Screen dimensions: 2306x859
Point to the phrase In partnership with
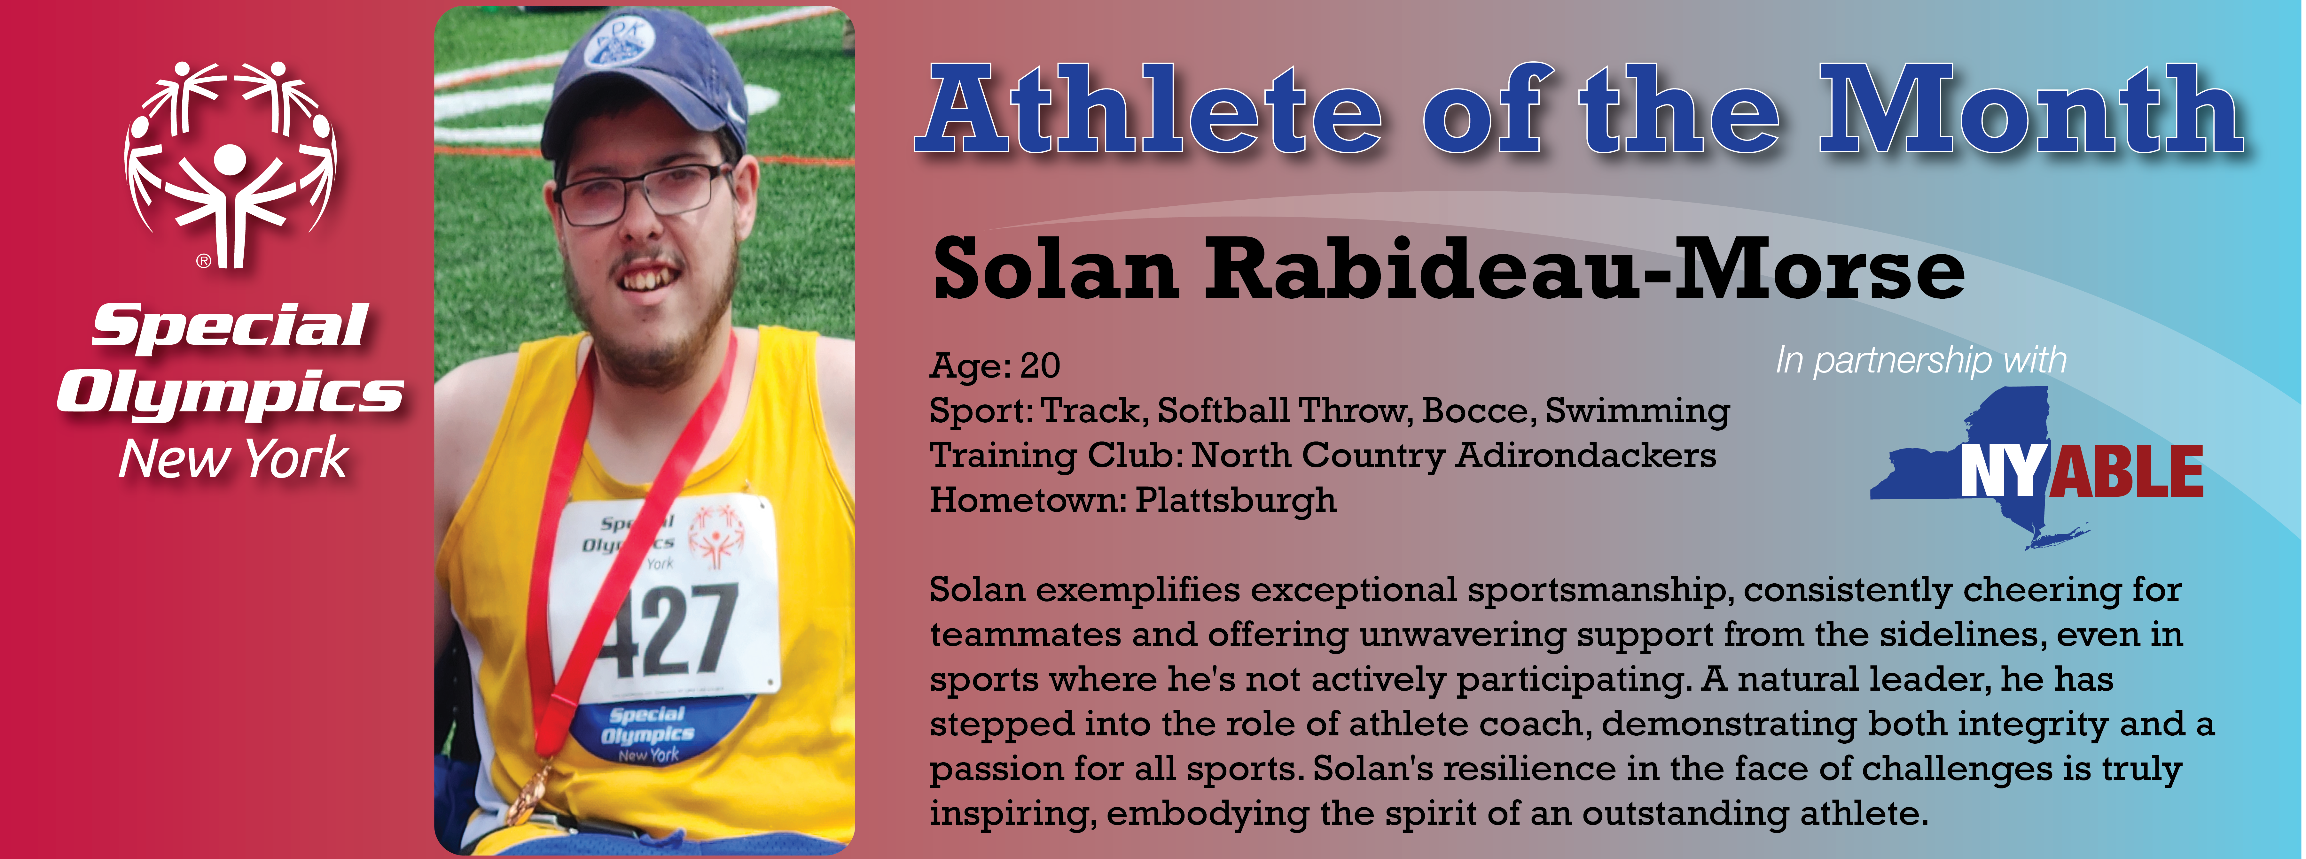pyautogui.click(x=1921, y=361)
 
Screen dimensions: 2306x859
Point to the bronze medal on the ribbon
pyautogui.click(x=530, y=794)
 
